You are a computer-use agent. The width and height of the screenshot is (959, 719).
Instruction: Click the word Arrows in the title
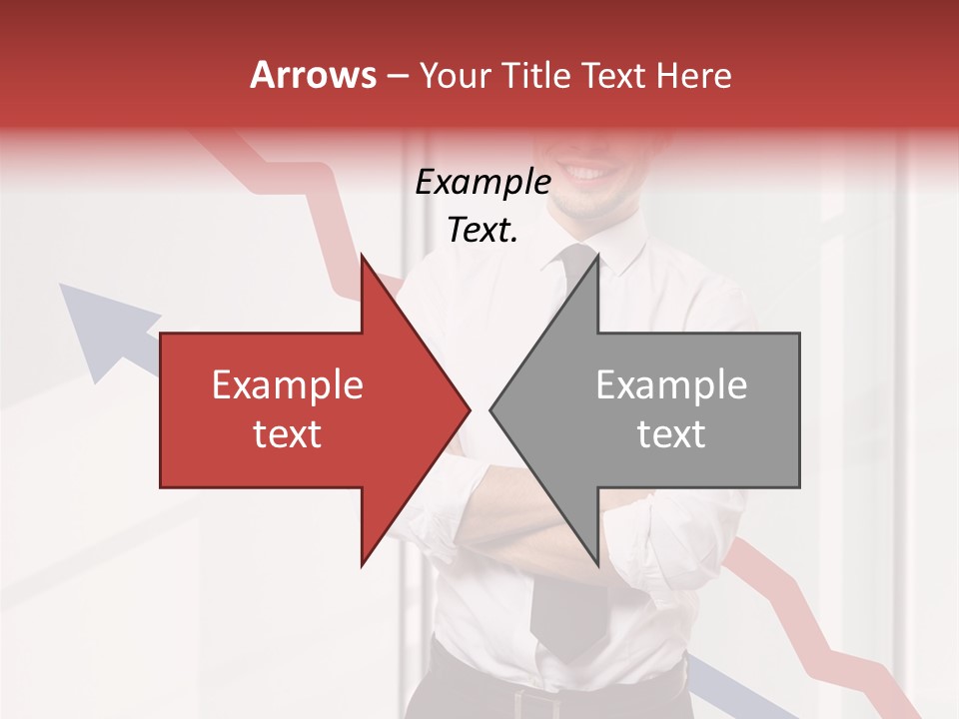coord(314,75)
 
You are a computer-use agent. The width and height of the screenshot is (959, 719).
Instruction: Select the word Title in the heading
coord(539,75)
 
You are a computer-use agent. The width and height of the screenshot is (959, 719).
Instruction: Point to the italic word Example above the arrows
coord(482,183)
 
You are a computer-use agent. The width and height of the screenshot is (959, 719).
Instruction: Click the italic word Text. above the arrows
coord(482,231)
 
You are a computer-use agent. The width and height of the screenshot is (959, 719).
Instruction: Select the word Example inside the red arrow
coord(288,384)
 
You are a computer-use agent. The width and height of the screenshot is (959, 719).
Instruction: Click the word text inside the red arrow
coord(288,434)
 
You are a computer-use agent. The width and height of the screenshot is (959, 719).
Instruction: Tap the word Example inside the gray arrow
coord(671,384)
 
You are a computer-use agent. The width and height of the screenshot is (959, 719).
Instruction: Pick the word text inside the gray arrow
coord(671,434)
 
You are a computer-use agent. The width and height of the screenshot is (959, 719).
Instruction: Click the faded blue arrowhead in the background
coord(95,325)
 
